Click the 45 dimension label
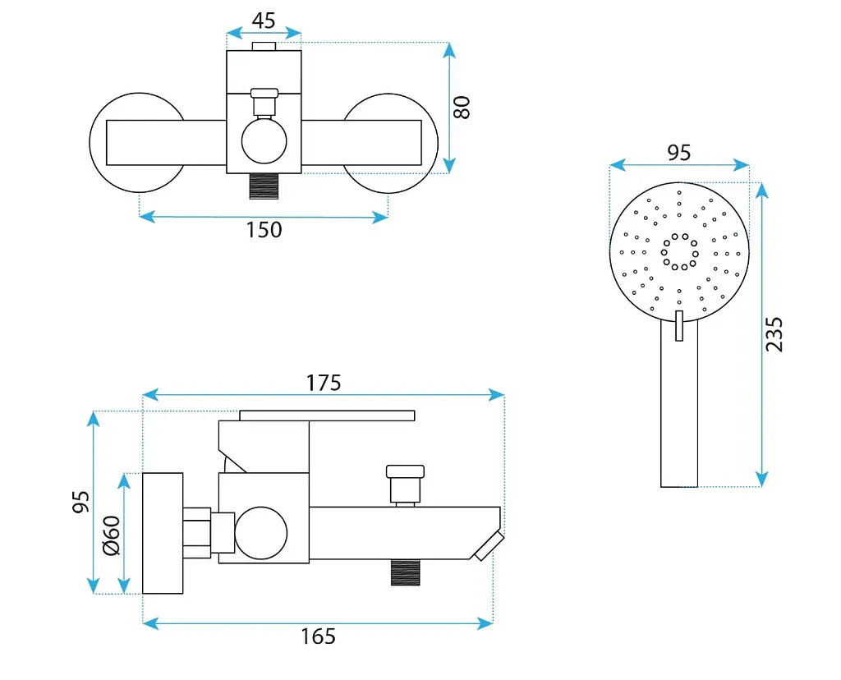point(264,21)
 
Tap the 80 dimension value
point(462,108)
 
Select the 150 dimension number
point(264,229)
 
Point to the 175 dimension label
point(324,383)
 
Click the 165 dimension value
point(318,636)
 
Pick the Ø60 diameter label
point(112,535)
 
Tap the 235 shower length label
point(774,334)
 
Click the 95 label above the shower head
point(678,153)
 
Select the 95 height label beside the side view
point(81,502)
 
